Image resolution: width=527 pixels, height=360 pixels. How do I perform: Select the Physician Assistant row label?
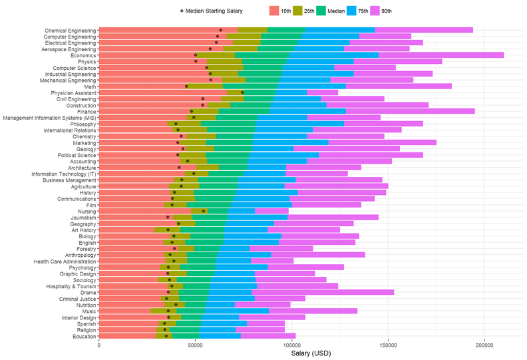73,92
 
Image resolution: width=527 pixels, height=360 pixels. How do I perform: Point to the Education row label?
82,337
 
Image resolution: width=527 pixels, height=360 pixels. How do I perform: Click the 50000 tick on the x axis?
195,346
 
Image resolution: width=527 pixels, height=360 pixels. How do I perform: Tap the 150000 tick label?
388,346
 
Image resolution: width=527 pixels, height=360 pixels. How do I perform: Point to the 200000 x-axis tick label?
484,346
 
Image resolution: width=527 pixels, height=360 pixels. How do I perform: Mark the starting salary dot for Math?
186,87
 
